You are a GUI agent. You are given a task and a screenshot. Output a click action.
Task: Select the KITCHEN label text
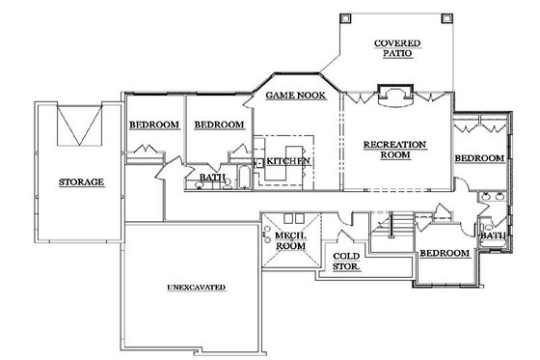288,159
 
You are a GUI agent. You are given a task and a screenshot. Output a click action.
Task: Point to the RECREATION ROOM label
395,152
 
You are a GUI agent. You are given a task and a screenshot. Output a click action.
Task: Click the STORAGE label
80,181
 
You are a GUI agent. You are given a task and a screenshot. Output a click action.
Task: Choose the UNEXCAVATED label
195,288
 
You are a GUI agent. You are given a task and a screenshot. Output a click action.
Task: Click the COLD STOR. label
346,261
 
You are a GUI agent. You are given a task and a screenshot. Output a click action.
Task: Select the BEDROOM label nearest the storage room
154,125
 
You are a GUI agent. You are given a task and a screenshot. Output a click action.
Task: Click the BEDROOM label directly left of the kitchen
218,125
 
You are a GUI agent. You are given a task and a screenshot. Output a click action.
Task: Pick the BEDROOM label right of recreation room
479,157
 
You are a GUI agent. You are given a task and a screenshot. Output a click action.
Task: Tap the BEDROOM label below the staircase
444,253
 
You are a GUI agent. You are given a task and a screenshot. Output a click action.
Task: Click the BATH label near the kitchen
212,178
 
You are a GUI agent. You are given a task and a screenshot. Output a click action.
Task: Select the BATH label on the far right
493,235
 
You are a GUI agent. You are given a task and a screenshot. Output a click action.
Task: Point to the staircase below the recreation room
391,228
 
